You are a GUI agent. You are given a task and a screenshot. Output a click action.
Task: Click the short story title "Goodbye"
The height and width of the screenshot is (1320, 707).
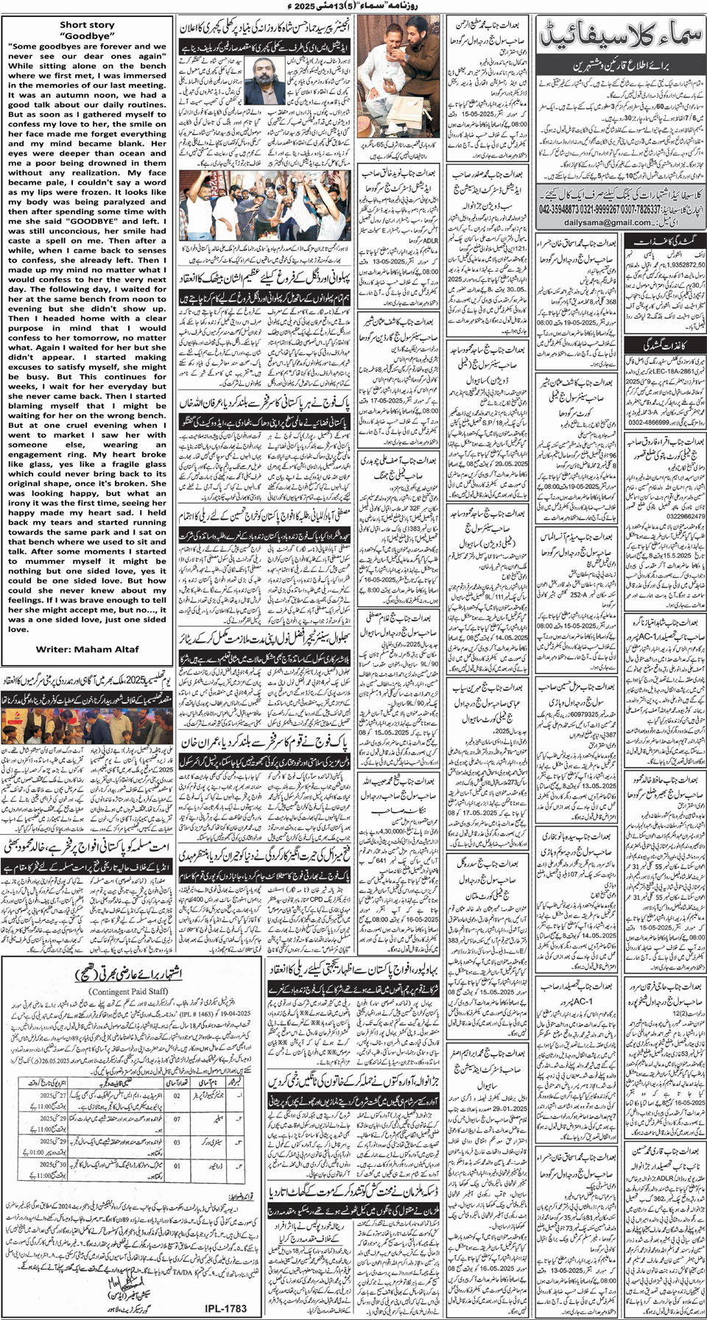pyautogui.click(x=87, y=35)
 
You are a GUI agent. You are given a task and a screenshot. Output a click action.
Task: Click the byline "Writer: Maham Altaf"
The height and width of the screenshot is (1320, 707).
pyautogui.click(x=87, y=649)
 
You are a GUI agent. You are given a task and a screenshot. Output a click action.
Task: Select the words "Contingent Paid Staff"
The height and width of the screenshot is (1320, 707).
pyautogui.click(x=130, y=992)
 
